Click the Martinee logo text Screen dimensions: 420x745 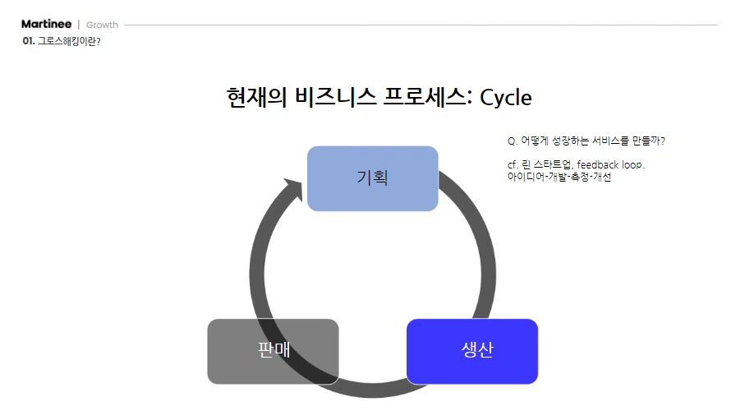pos(46,24)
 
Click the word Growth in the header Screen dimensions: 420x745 pos(102,25)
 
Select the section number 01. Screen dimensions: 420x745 pos(28,40)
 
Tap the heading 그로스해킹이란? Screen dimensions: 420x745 pos(69,40)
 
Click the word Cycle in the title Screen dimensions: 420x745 pos(505,97)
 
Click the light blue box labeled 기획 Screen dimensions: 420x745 pos(329,197)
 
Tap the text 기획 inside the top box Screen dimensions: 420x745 pos(372,178)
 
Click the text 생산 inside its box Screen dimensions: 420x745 pos(477,349)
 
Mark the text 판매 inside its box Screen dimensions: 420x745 pos(274,349)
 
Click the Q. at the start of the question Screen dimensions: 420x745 pos(513,141)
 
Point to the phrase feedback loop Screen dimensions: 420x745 pos(610,164)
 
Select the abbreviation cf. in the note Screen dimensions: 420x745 pos(513,164)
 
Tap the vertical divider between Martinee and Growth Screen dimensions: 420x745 pos(79,25)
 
